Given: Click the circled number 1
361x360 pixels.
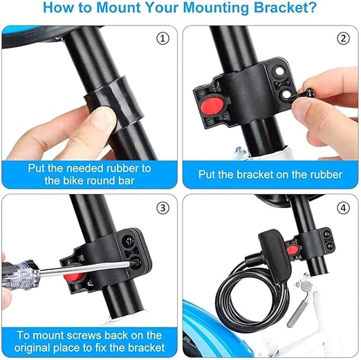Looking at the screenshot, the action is [x=163, y=39].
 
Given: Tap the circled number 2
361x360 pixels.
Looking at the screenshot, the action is [x=343, y=39].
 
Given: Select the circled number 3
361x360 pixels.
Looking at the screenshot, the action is [x=163, y=208].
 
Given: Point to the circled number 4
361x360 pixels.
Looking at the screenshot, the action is [x=343, y=208].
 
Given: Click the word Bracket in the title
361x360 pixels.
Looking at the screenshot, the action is [x=286, y=8].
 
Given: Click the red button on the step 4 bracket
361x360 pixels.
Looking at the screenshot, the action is [x=293, y=249].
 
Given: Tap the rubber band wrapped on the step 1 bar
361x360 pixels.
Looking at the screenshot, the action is [x=113, y=100].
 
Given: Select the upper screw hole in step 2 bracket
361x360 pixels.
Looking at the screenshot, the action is [x=279, y=70].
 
